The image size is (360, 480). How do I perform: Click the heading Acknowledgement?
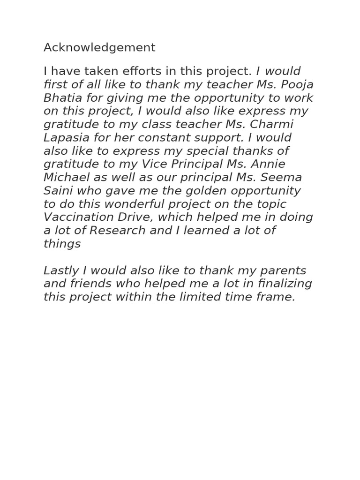point(99,48)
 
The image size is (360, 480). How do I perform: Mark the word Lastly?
point(60,271)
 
